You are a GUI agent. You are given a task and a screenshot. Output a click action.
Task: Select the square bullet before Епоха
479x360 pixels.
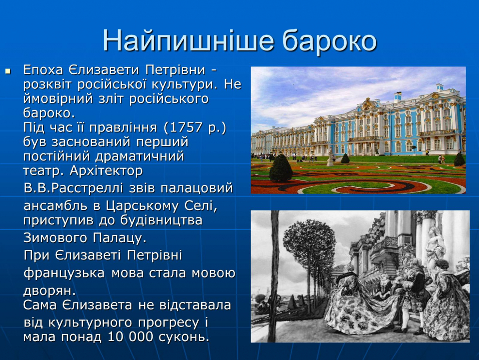tap(8, 71)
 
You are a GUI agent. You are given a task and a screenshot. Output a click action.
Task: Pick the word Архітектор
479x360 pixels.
tap(106, 171)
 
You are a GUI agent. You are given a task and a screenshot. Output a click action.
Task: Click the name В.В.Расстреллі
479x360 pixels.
tap(73, 188)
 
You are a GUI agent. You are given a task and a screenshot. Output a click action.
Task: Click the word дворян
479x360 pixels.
tap(48, 290)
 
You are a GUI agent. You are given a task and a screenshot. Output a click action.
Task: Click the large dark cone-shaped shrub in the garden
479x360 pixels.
tap(281, 168)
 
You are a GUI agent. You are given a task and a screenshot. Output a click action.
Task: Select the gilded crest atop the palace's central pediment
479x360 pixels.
tap(369, 103)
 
